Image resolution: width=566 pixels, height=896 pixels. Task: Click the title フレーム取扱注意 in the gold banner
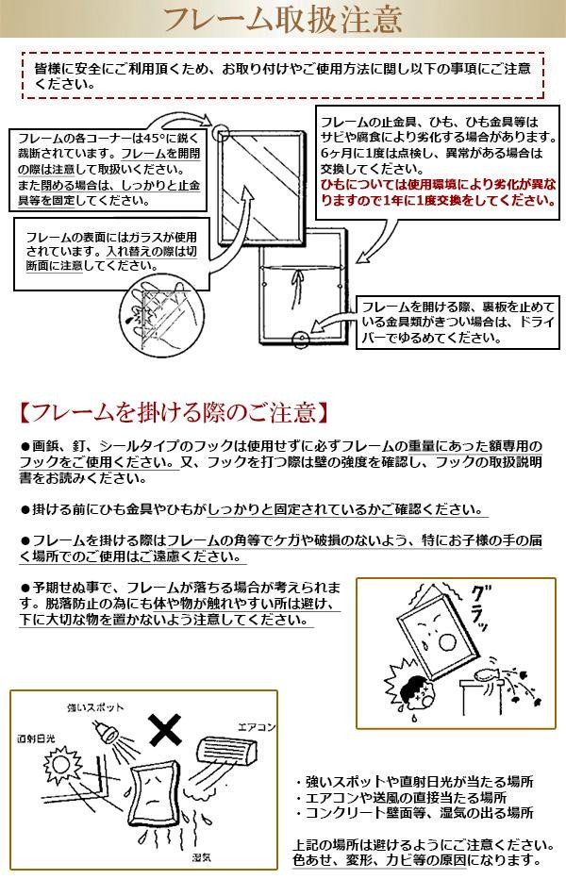tap(282, 18)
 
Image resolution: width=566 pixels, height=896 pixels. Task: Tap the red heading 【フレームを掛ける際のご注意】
tap(175, 412)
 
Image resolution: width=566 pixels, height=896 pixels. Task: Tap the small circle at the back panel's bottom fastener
tap(298, 337)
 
